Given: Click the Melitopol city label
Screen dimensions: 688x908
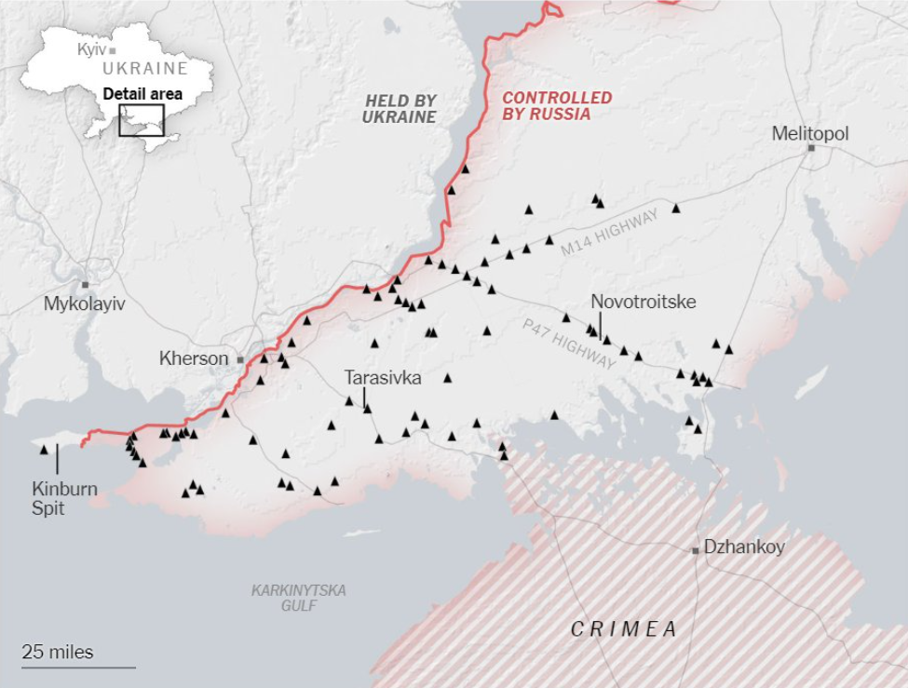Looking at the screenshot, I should pyautogui.click(x=810, y=134).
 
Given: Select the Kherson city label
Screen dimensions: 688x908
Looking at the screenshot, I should pyautogui.click(x=193, y=358).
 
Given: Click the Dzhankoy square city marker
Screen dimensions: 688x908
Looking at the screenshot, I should pyautogui.click(x=695, y=550).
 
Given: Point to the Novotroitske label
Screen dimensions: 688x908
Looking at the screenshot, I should pyautogui.click(x=643, y=302).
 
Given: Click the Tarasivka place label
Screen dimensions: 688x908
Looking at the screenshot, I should pyautogui.click(x=382, y=378).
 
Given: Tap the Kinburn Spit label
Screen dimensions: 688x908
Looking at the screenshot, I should pyautogui.click(x=64, y=498).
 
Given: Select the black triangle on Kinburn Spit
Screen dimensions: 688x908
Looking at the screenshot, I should pyautogui.click(x=44, y=450).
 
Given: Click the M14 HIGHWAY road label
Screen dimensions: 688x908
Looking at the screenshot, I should pyautogui.click(x=609, y=234).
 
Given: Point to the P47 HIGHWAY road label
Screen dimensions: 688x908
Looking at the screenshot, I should pyautogui.click(x=569, y=344).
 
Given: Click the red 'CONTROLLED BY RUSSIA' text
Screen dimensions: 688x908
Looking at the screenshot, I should pyautogui.click(x=557, y=106).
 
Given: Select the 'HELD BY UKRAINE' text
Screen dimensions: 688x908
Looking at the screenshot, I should pyautogui.click(x=400, y=108).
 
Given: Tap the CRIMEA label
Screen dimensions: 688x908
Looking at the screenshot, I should pyautogui.click(x=623, y=629).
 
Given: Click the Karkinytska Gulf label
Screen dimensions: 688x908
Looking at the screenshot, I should pyautogui.click(x=298, y=598).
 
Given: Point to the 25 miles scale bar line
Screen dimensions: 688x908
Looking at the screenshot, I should pyautogui.click(x=78, y=667).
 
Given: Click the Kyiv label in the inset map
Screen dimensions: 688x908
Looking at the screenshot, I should pyautogui.click(x=91, y=48).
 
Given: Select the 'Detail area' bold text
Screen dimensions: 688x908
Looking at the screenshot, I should pyautogui.click(x=142, y=93).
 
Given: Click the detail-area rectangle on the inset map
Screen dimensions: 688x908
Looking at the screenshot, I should pyautogui.click(x=142, y=120).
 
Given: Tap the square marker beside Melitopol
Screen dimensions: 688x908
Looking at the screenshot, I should pyautogui.click(x=811, y=148).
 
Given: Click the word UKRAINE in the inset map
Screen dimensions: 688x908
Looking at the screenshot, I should pyautogui.click(x=145, y=68).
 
